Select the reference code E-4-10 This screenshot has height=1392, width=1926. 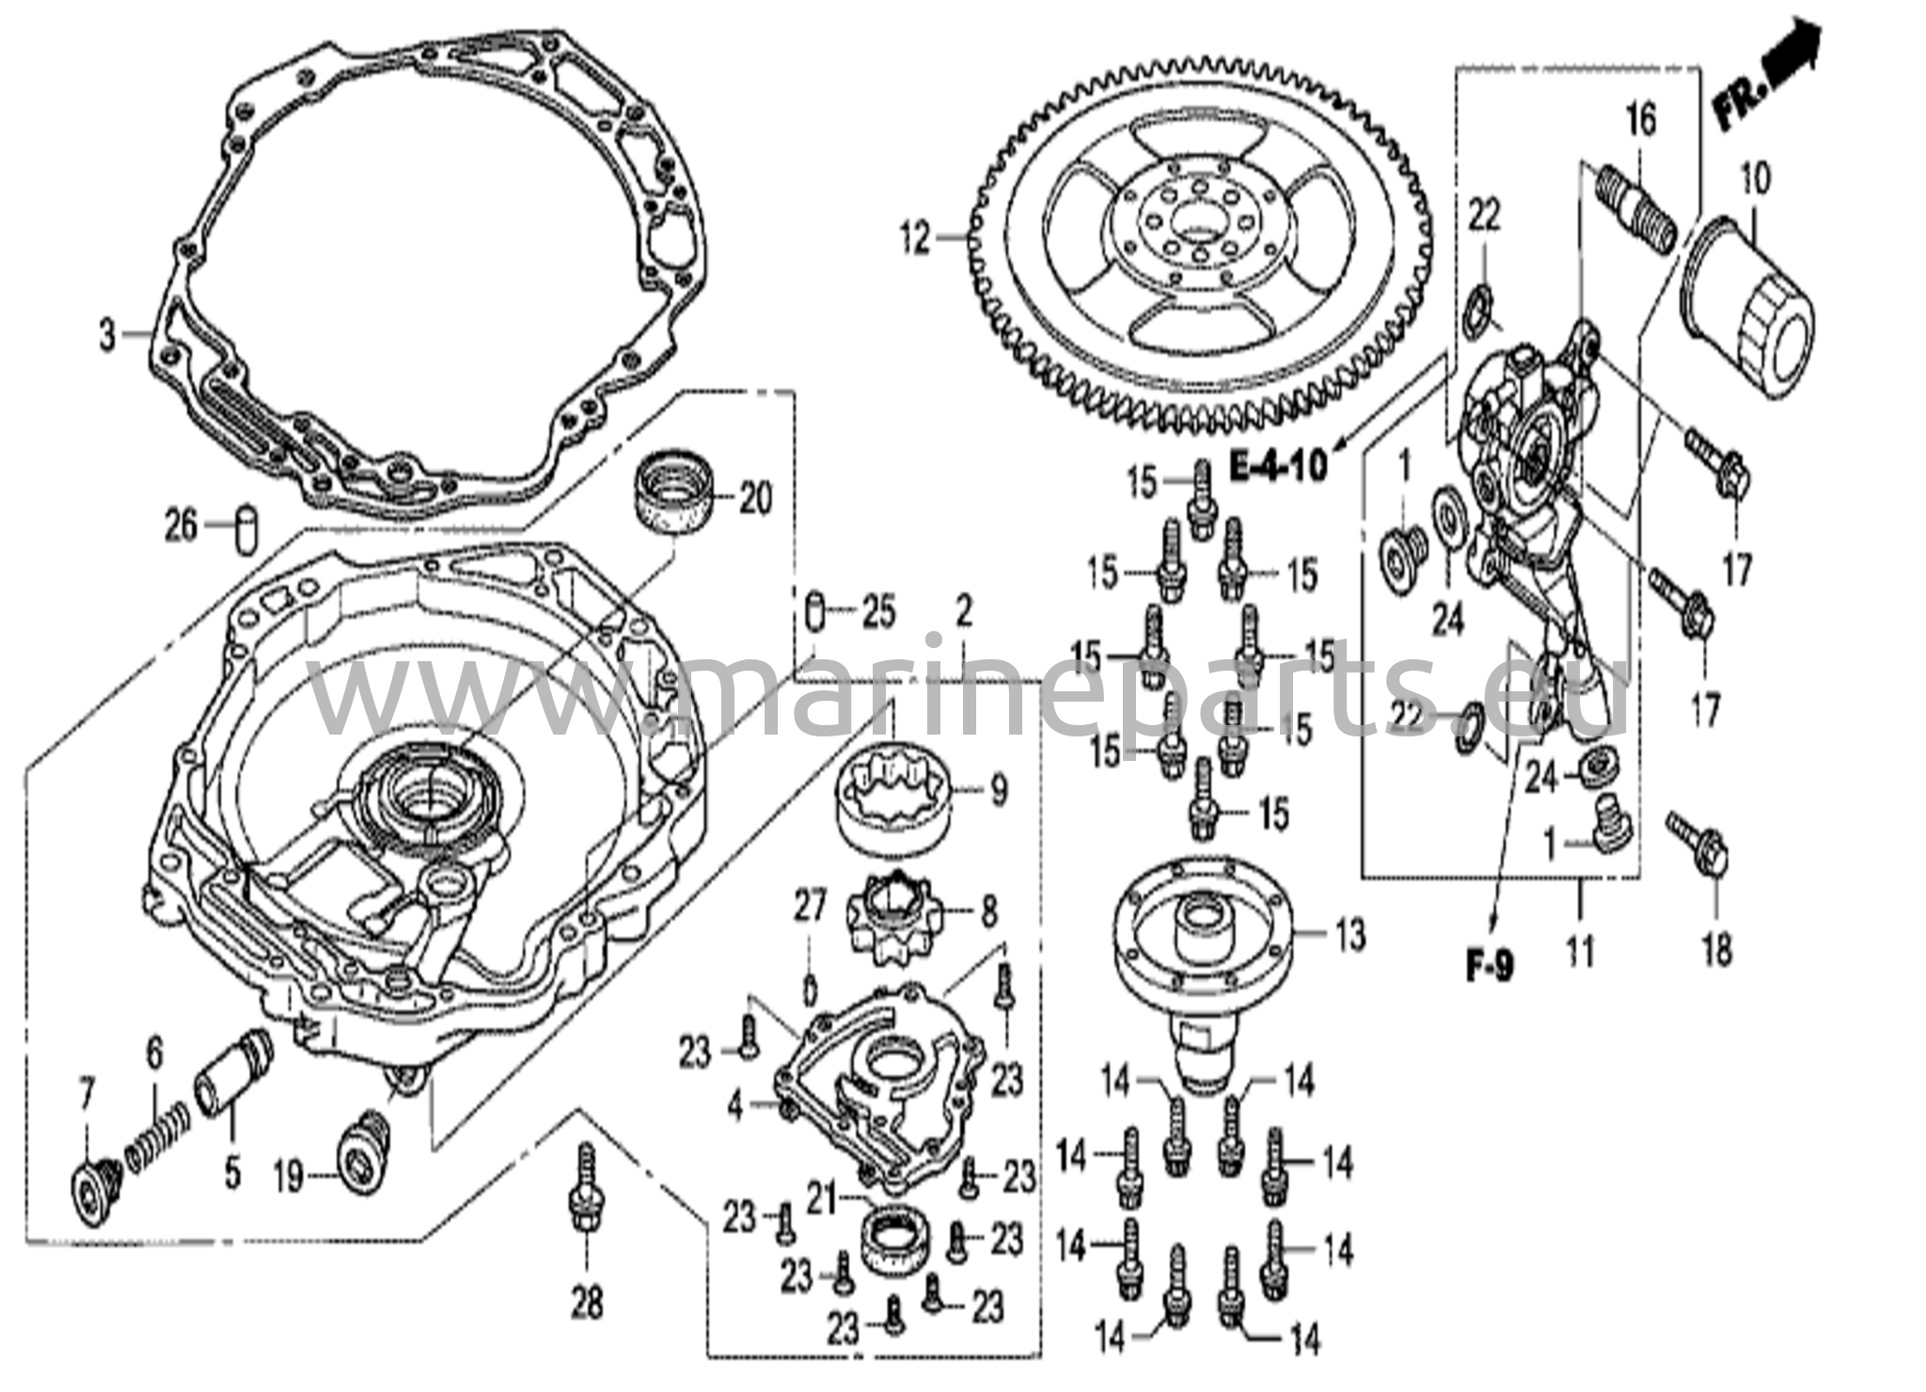tap(1280, 464)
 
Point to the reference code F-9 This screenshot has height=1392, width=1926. tap(1491, 966)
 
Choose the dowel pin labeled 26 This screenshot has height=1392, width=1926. tap(247, 530)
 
